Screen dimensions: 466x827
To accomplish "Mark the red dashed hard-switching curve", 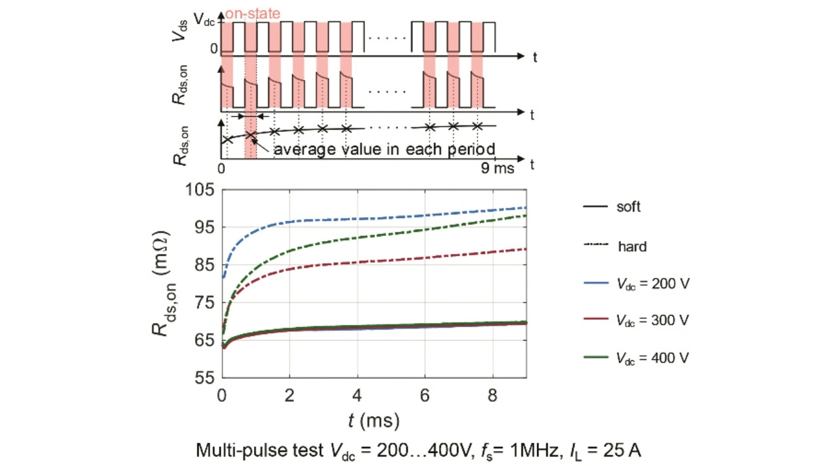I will tap(388, 260).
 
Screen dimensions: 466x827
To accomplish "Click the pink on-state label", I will tap(253, 12).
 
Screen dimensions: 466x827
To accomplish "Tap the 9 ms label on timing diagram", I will tap(497, 169).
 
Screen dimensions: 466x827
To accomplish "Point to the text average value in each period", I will tap(384, 149).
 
